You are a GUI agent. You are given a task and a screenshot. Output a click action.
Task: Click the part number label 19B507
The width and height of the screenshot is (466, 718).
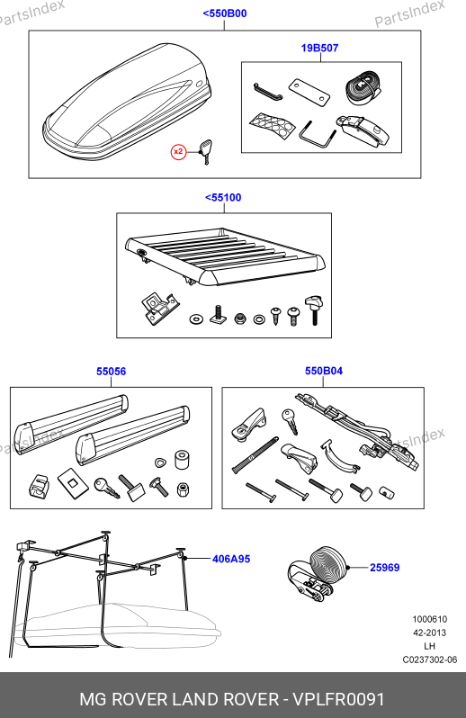pyautogui.click(x=319, y=48)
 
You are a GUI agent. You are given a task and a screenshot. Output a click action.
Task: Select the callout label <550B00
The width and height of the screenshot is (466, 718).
pyautogui.click(x=225, y=13)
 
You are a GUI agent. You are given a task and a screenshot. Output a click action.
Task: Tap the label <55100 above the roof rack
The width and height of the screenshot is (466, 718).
pyautogui.click(x=223, y=197)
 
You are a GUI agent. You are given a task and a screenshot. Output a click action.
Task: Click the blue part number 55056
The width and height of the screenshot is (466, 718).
pyautogui.click(x=112, y=372)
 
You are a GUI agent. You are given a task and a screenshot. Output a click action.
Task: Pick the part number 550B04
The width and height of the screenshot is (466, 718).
pyautogui.click(x=324, y=371)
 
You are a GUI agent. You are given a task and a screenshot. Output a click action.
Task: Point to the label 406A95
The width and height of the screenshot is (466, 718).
pyautogui.click(x=231, y=559)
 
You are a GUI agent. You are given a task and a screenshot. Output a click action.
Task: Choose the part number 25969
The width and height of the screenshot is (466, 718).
pyautogui.click(x=384, y=568)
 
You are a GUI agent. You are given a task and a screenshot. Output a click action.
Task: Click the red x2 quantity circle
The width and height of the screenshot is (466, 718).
pyautogui.click(x=178, y=151)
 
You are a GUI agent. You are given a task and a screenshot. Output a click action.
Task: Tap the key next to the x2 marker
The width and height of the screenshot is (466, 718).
pyautogui.click(x=204, y=151)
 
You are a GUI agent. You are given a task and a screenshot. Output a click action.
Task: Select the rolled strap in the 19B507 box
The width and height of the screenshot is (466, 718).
pyautogui.click(x=363, y=89)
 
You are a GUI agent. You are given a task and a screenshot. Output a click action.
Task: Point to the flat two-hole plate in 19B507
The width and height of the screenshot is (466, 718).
pyautogui.click(x=309, y=92)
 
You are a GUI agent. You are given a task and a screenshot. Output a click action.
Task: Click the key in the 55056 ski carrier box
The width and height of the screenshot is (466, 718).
pyautogui.click(x=107, y=489)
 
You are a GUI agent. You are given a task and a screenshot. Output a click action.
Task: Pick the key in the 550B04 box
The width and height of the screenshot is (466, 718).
pyautogui.click(x=291, y=421)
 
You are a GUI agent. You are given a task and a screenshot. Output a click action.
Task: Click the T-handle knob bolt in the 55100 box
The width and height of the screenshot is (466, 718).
pyautogui.click(x=314, y=310)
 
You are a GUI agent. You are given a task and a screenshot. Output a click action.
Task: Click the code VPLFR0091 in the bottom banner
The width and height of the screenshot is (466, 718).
pyautogui.click(x=338, y=699)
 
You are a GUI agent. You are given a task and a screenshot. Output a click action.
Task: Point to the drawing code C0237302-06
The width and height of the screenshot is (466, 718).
pyautogui.click(x=430, y=660)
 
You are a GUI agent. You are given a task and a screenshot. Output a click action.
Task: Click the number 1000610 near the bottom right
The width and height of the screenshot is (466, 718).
pyautogui.click(x=430, y=619)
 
